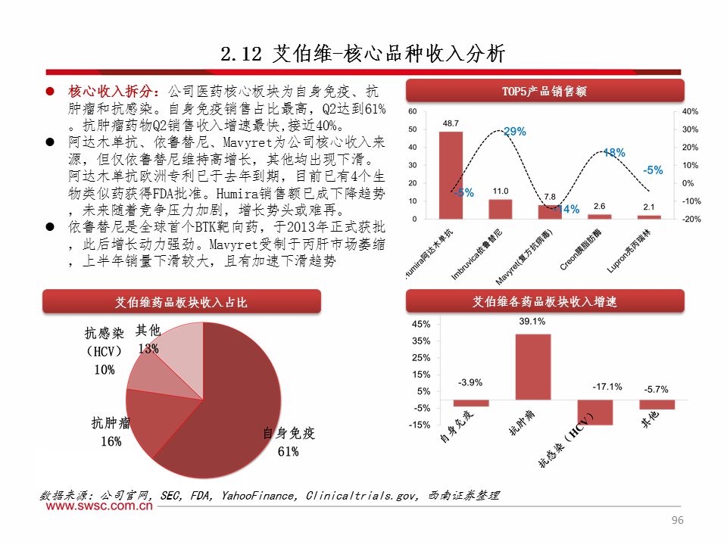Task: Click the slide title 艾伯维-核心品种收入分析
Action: [363, 54]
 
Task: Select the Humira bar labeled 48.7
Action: [451, 175]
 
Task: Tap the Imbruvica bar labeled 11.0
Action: [500, 209]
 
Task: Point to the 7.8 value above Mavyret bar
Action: [550, 197]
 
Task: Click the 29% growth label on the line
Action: [515, 132]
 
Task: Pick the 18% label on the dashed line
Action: [613, 152]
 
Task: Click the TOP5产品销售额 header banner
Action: [544, 92]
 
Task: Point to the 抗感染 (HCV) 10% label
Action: [105, 351]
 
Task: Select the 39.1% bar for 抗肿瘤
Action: [532, 366]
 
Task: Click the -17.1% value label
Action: [607, 387]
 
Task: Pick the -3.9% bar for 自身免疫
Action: [470, 403]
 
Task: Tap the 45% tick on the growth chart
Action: [421, 324]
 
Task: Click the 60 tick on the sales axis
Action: [413, 111]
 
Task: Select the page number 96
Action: [678, 521]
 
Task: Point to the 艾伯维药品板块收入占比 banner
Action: [181, 302]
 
